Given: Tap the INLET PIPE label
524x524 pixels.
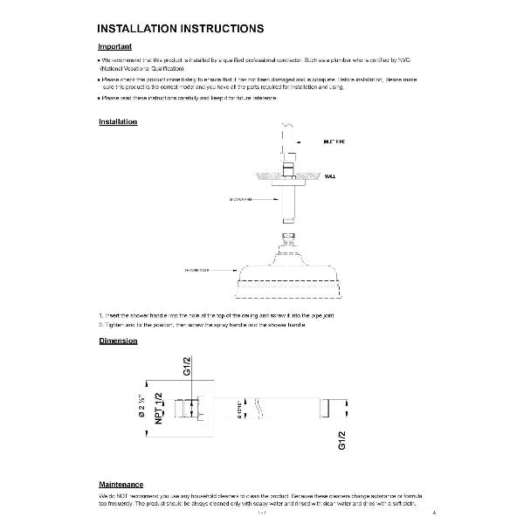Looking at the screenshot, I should click(x=334, y=140).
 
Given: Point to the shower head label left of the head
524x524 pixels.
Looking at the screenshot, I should click(x=197, y=271).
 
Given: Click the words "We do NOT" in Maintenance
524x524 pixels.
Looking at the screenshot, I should click(x=113, y=496).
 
